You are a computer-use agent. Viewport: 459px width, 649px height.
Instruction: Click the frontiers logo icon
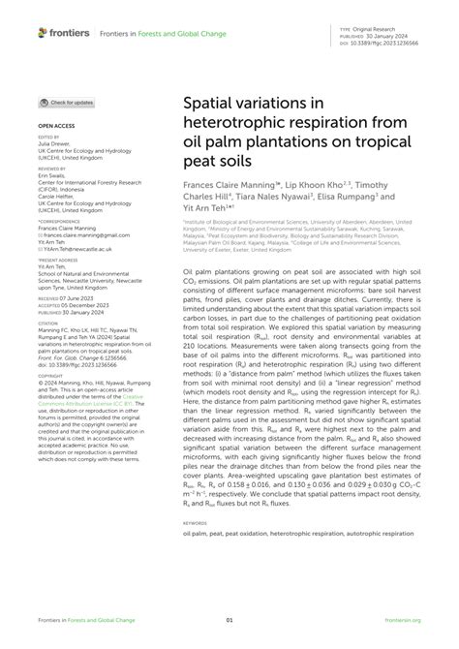click(x=43, y=32)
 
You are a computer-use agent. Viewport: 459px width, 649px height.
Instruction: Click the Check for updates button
click(x=67, y=102)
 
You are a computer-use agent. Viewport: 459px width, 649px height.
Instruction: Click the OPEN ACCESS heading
click(x=55, y=126)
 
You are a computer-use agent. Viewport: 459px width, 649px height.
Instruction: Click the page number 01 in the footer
click(x=229, y=620)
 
